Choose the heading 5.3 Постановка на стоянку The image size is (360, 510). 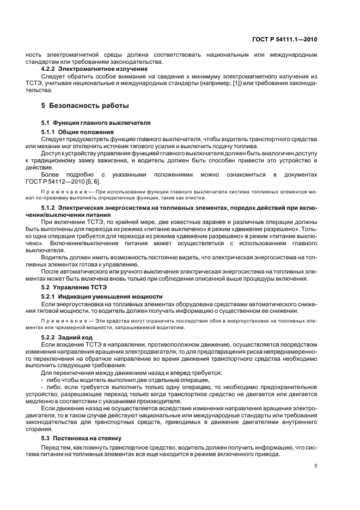82,438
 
